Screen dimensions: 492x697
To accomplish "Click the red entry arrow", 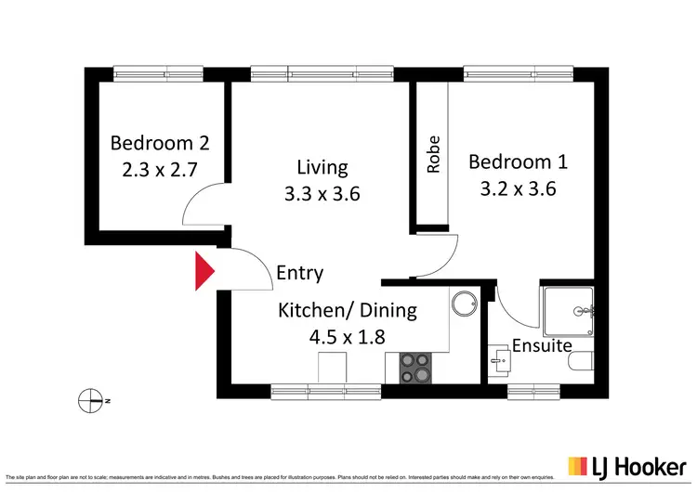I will (204, 272).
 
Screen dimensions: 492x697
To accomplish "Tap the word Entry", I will (300, 273).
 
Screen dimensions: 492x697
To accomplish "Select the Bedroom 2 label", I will (160, 143).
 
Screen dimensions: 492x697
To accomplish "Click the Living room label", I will (322, 168).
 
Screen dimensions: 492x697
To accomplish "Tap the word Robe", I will (433, 155).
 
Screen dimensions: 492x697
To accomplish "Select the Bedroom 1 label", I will (518, 162).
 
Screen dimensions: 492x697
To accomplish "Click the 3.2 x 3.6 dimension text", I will (518, 189).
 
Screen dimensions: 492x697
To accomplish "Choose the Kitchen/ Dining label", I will (348, 310).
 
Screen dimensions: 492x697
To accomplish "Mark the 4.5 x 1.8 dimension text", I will (348, 337).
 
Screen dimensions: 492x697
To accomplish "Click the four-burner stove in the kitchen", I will (415, 369).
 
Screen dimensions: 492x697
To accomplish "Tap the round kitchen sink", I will (462, 304).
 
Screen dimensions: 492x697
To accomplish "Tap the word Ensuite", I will (542, 346).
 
